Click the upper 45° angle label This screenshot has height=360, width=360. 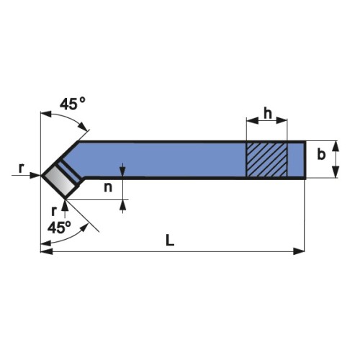[x=73, y=104]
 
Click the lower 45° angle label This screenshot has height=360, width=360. [x=59, y=228]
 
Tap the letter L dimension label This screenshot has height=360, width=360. [x=170, y=240]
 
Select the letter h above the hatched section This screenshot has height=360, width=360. [x=268, y=113]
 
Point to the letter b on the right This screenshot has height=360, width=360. [x=321, y=154]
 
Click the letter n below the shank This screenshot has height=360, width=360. [x=108, y=188]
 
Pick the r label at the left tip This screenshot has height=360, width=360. [x=22, y=168]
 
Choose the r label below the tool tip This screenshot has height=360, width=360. [x=54, y=211]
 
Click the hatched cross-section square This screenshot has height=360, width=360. [x=266, y=160]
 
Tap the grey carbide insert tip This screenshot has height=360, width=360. [x=60, y=181]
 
